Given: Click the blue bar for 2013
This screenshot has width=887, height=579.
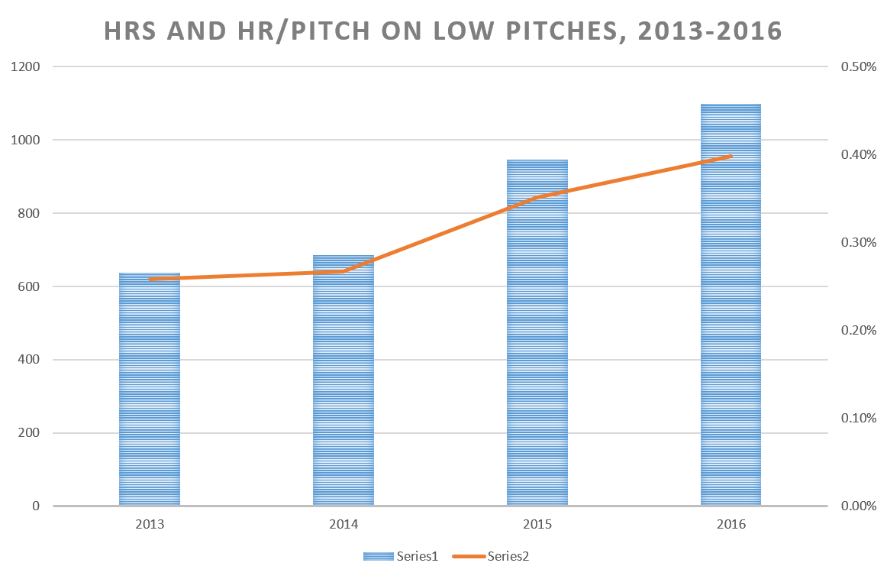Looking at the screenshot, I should [x=150, y=390].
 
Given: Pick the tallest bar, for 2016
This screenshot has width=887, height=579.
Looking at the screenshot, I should [x=731, y=305].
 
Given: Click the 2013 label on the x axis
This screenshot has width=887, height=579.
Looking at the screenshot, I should [x=150, y=525].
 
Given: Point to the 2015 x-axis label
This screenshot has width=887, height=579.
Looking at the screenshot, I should [x=537, y=525].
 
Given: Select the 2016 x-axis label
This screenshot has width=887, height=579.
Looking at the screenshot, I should [x=731, y=525].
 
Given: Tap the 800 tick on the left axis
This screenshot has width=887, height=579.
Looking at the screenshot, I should [x=27, y=214].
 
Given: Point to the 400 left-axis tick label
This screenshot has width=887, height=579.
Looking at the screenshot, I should [x=27, y=360].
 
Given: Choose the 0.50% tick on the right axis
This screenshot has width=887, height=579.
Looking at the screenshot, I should [x=858, y=67].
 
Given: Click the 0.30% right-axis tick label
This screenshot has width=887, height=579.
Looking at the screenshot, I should [x=858, y=243].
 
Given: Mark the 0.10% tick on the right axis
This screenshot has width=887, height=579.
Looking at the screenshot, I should [x=858, y=419].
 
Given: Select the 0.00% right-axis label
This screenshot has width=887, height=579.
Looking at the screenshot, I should [x=858, y=506].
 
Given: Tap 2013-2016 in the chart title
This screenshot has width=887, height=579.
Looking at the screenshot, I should [x=708, y=32].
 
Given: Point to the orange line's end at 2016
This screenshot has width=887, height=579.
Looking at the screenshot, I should [x=731, y=156].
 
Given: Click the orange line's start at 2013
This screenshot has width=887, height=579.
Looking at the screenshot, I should [x=150, y=280].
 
